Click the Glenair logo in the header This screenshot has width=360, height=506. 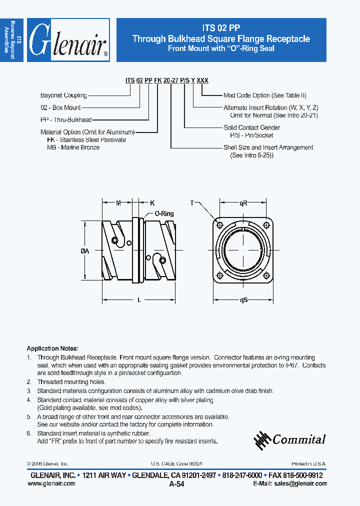tap(68, 40)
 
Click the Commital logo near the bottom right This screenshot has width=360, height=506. tap(290, 439)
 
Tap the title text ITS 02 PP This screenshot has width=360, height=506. tap(221, 28)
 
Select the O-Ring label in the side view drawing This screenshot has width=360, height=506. tap(163, 213)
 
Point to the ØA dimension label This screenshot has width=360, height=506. tap(84, 252)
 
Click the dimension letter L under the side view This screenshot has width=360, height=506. tap(138, 300)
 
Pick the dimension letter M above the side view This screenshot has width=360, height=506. tap(118, 202)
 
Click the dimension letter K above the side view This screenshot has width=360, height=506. tap(152, 202)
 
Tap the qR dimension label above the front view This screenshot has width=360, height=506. tap(243, 202)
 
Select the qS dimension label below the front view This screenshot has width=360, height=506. tap(243, 300)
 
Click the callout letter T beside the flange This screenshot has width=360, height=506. tap(192, 203)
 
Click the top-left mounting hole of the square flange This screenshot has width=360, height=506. tap(220, 223)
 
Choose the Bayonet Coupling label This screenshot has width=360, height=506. tap(63, 95)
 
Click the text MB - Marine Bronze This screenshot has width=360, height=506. tap(73, 147)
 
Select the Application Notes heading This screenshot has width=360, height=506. tap(52, 348)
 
